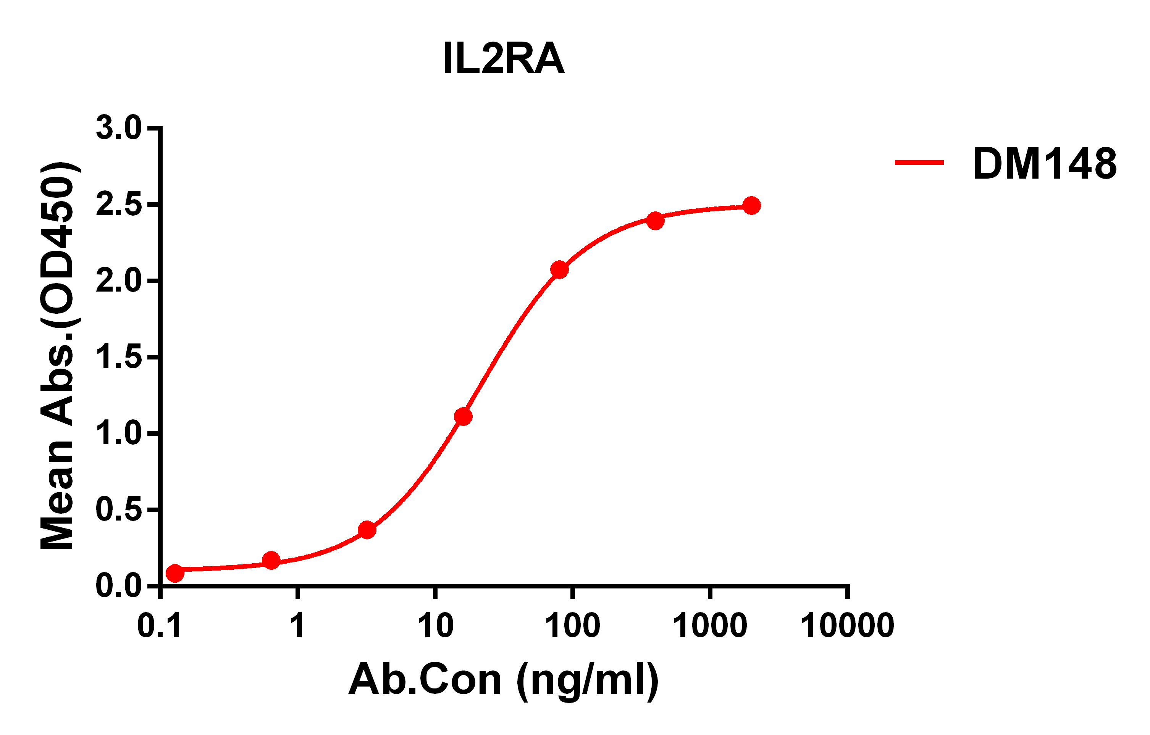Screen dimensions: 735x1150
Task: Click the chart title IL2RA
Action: (x=504, y=59)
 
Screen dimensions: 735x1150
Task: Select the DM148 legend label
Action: (x=1045, y=164)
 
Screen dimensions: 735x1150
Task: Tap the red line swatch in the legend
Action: (x=919, y=163)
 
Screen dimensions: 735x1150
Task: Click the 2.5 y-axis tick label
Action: (x=118, y=205)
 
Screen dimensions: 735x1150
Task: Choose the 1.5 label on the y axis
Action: (x=118, y=358)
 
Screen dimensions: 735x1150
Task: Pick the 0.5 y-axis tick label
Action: (x=118, y=510)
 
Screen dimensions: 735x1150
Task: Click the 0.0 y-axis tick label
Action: (x=118, y=586)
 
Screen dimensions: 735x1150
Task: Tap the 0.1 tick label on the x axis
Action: (x=159, y=626)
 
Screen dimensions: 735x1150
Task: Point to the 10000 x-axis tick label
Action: (x=847, y=626)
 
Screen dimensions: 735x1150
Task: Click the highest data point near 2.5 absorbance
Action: (x=751, y=206)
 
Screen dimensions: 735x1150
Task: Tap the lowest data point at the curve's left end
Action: (x=175, y=573)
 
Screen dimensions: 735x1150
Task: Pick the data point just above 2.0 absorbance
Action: (x=559, y=270)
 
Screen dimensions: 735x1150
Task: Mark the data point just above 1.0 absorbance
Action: (x=463, y=417)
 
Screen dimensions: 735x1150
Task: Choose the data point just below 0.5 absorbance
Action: (x=367, y=530)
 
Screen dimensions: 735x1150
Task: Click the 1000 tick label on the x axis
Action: (x=710, y=626)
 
